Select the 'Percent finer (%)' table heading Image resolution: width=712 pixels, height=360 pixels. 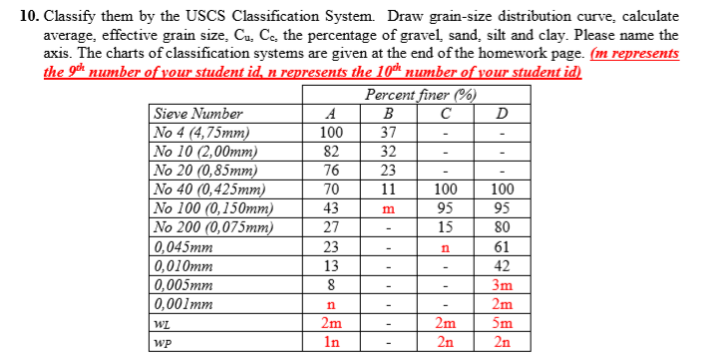419,96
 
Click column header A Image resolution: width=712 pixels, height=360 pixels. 331,114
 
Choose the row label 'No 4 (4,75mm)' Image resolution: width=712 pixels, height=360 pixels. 200,133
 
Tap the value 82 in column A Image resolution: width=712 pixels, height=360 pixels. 331,152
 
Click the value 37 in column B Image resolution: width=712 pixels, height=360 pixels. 390,133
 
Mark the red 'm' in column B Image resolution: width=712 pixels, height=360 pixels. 390,209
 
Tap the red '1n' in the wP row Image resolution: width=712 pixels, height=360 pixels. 331,342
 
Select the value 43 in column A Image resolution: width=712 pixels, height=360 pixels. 331,209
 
